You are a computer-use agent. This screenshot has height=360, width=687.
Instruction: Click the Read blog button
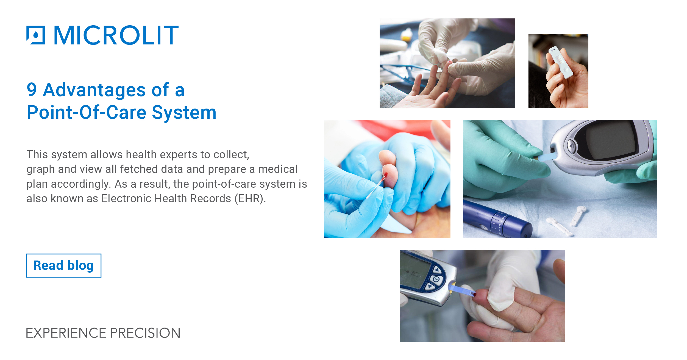click(x=63, y=265)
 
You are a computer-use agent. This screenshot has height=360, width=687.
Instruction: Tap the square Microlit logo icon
click(x=36, y=35)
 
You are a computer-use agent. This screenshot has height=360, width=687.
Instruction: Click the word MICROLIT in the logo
click(x=116, y=35)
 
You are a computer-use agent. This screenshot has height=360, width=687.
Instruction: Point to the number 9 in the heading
click(x=32, y=90)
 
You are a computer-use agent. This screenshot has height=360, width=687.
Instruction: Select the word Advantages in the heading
click(x=94, y=90)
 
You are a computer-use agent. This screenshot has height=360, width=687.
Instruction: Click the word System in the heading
click(x=184, y=112)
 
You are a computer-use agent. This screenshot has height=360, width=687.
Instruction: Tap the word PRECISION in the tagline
click(x=145, y=333)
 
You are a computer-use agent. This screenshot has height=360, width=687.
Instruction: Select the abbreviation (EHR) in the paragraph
click(x=250, y=198)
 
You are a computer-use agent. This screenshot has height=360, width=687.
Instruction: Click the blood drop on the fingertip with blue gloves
click(x=386, y=175)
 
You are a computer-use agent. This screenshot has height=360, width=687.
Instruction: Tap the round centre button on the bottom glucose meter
click(x=436, y=279)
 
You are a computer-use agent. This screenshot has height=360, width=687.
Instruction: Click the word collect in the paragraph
click(x=231, y=154)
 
